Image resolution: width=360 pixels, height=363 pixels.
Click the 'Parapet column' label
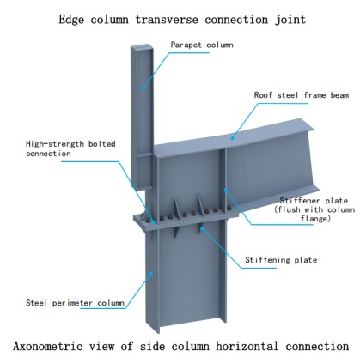coord(202,45)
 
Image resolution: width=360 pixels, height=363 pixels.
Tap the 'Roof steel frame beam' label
coord(302,95)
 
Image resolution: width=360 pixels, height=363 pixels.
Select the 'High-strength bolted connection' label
coord(70,148)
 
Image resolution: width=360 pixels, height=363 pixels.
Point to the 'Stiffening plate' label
coord(281,260)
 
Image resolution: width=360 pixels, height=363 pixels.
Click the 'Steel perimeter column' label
coord(75,303)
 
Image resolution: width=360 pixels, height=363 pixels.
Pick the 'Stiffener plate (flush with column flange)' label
coord(314,209)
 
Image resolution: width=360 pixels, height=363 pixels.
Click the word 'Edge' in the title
coord(71,20)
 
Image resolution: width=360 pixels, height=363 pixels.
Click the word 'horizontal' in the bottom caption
coord(247,346)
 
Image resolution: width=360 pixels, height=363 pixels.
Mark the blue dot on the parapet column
coord(143,88)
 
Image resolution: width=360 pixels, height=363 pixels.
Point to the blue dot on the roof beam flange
coord(232,138)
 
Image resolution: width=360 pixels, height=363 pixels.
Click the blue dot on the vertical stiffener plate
coord(225,189)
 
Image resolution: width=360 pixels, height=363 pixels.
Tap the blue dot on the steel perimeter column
coord(151,273)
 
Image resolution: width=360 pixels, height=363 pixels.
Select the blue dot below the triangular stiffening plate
coord(202,227)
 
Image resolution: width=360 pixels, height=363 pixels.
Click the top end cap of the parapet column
coord(141,45)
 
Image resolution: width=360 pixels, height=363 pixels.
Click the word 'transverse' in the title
coord(167,20)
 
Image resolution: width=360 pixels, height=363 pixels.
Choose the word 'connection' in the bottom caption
coord(317,346)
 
